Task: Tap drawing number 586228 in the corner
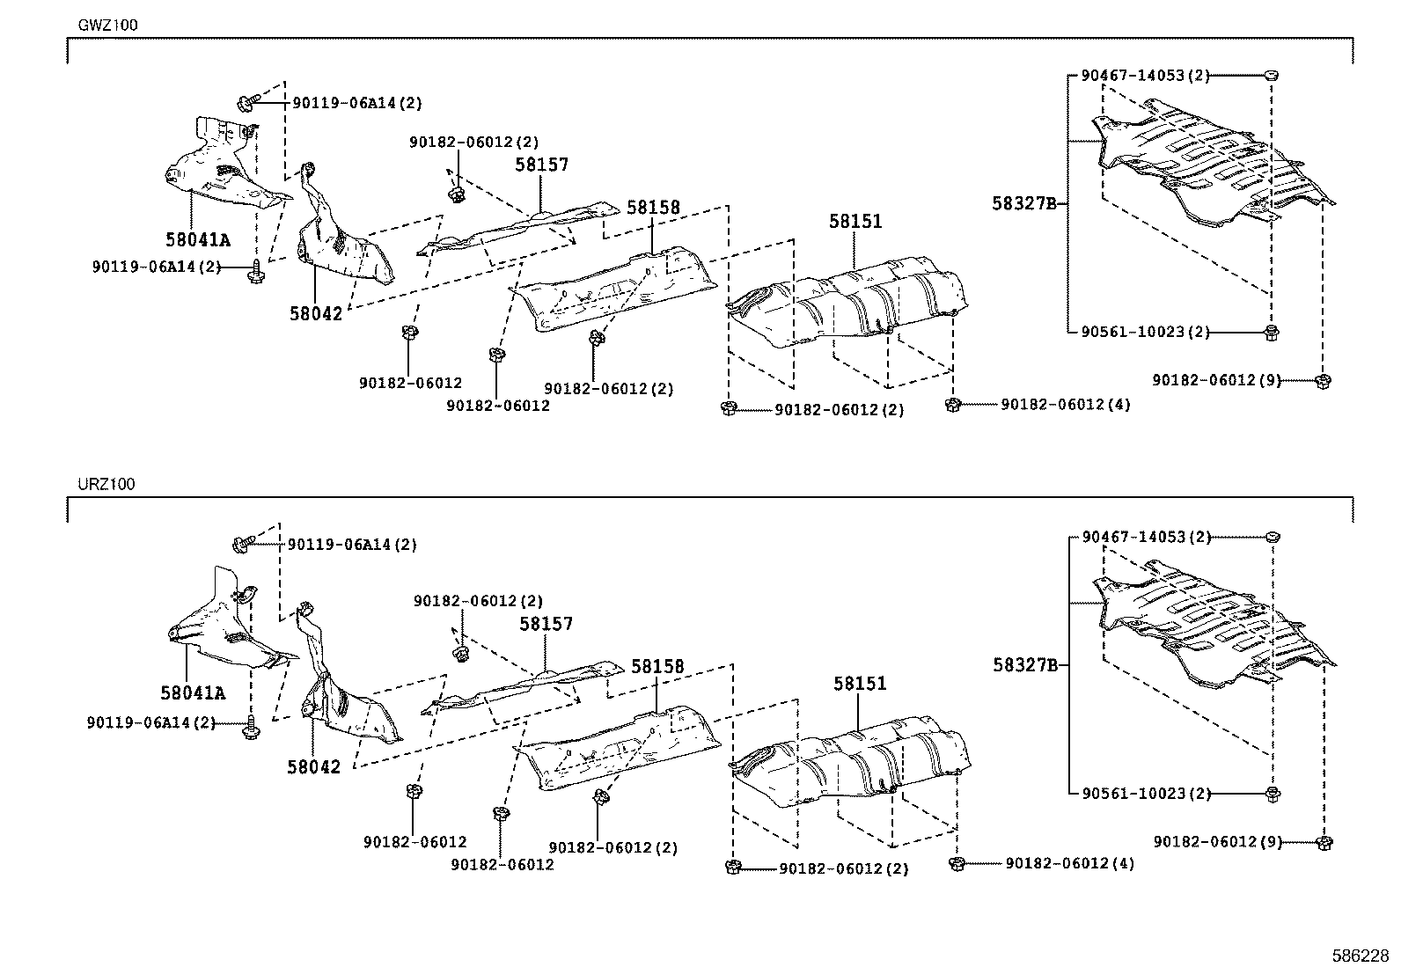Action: click(x=1361, y=955)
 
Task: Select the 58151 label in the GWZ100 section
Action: click(x=855, y=223)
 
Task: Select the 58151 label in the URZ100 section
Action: click(x=860, y=684)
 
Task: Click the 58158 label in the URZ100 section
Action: click(x=657, y=668)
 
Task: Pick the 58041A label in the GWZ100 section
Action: click(x=197, y=239)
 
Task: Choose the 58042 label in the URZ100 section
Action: click(x=312, y=766)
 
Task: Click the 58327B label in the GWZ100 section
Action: click(x=1023, y=203)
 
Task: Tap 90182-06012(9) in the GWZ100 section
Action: click(x=1216, y=380)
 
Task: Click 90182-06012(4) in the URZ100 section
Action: click(x=1069, y=864)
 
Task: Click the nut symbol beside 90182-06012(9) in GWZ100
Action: click(x=1323, y=381)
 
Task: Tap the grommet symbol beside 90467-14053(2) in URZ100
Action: click(x=1272, y=536)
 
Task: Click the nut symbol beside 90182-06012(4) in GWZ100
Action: click(x=951, y=405)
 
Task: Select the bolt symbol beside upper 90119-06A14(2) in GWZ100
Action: click(x=245, y=104)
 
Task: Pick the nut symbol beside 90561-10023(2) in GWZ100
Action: click(x=1272, y=332)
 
